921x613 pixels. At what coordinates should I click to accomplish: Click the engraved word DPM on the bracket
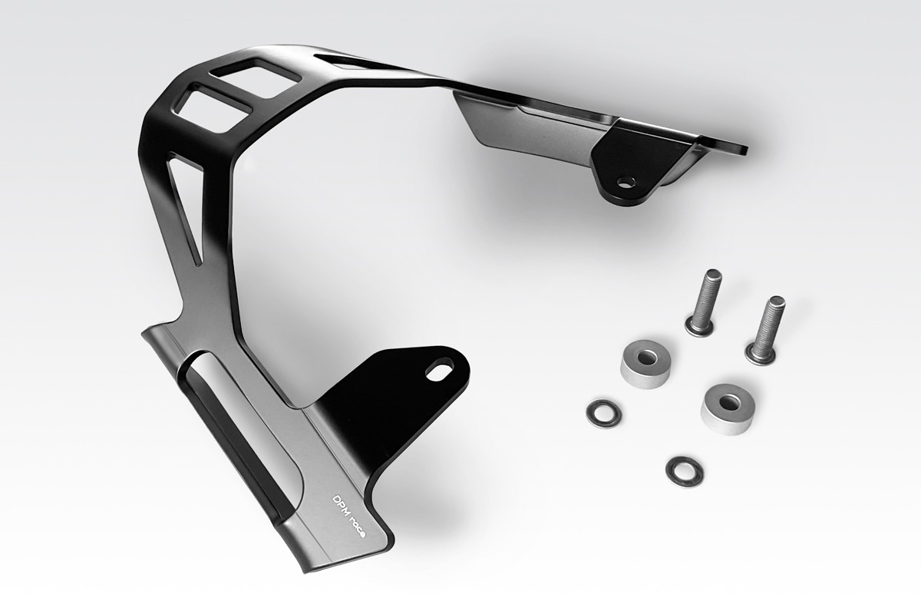(x=340, y=508)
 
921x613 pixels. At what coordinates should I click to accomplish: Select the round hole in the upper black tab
(x=626, y=183)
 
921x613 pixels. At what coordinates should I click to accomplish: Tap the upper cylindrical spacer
(x=645, y=364)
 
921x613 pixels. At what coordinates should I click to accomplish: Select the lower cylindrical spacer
(x=728, y=409)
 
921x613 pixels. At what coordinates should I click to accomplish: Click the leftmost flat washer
(x=603, y=413)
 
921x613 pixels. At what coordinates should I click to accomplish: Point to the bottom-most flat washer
(x=684, y=471)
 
